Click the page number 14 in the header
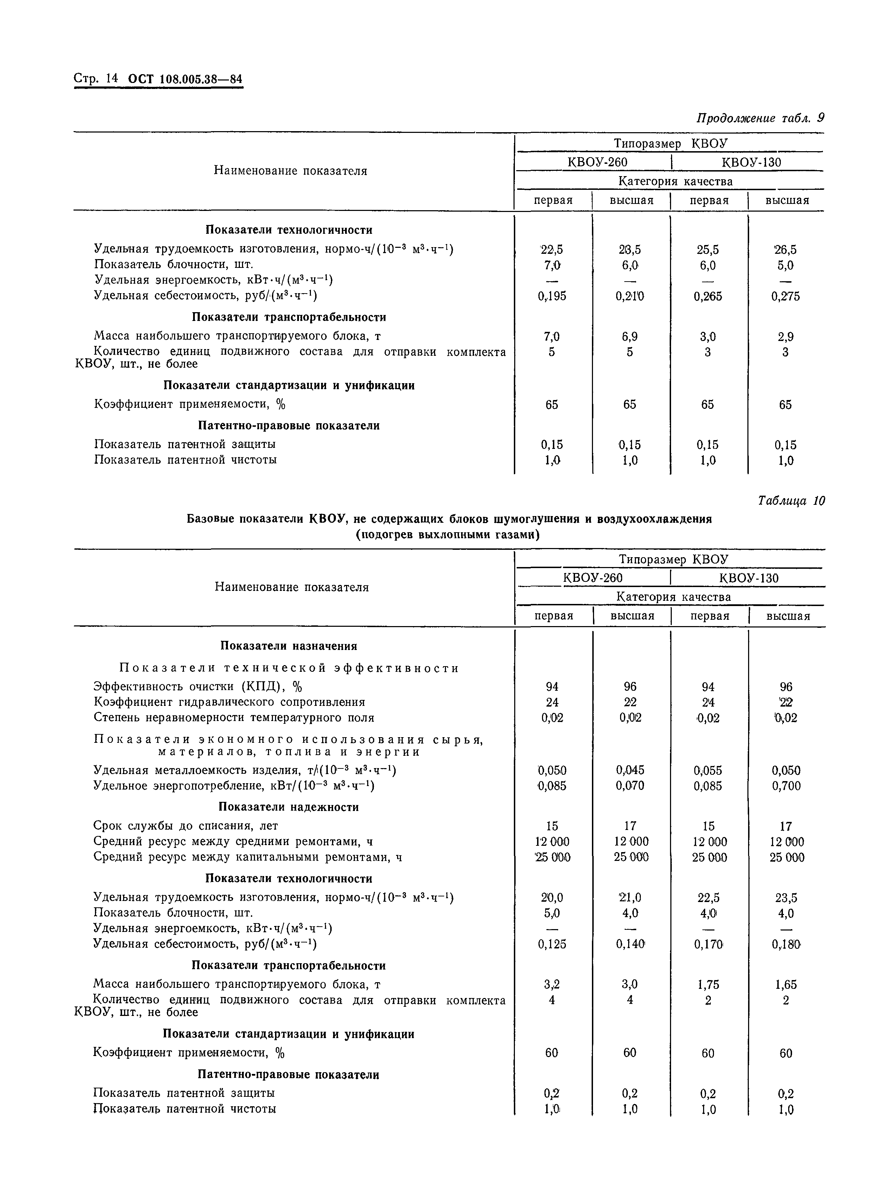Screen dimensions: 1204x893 tap(111, 78)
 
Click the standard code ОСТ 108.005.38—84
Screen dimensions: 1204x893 tap(185, 79)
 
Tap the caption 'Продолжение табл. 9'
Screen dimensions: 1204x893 tap(760, 118)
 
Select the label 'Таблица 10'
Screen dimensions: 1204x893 tap(791, 501)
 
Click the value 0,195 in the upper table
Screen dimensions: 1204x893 tap(552, 296)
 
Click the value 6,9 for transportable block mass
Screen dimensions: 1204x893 tap(630, 336)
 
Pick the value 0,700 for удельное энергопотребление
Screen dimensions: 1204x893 tap(786, 786)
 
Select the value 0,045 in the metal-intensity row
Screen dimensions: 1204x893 tap(630, 770)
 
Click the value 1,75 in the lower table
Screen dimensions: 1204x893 tap(708, 985)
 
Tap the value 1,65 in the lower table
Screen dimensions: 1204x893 tap(786, 985)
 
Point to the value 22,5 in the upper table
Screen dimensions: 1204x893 tap(552, 250)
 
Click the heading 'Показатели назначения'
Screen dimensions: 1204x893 tap(289, 646)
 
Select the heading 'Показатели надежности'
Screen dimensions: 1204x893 tap(289, 807)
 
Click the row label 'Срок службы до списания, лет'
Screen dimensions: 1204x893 tap(186, 826)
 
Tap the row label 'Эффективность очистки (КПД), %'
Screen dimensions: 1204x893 tap(198, 687)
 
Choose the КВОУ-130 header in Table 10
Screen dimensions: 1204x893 tap(749, 578)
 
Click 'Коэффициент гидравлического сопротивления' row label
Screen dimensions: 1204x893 tap(229, 702)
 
